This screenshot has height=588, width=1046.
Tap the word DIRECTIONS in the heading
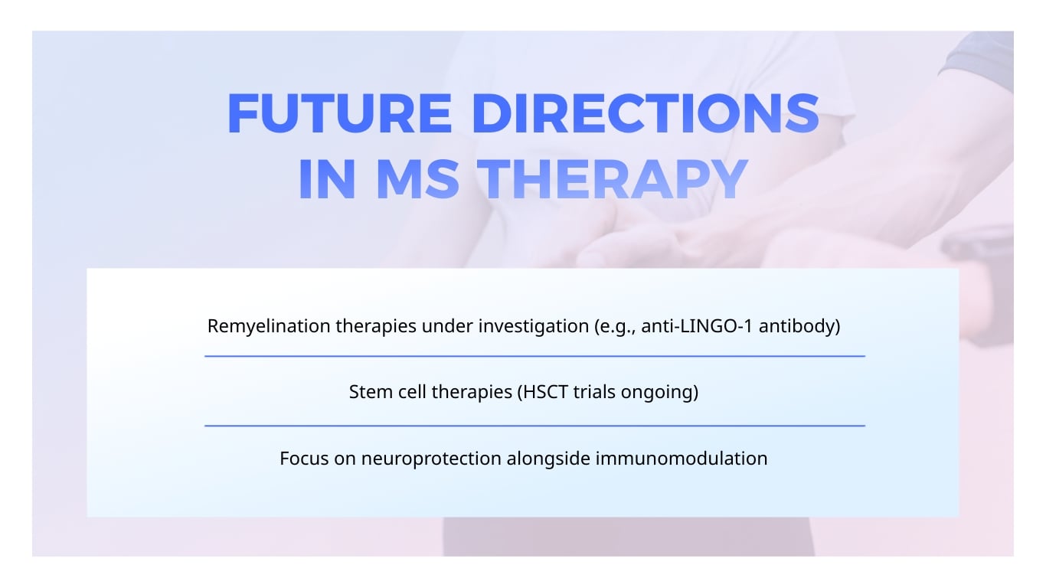coord(646,113)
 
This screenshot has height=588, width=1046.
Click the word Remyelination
coord(269,326)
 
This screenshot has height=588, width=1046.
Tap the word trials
coord(597,393)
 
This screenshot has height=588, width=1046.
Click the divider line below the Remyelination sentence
coord(534,356)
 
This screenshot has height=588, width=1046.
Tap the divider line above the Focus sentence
coord(534,426)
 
